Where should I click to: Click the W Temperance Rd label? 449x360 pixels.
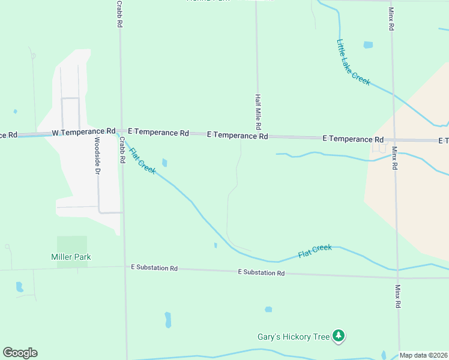(x=83, y=131)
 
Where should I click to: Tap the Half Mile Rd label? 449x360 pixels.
(x=258, y=112)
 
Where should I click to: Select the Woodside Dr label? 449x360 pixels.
(x=97, y=155)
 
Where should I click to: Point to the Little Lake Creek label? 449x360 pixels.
(x=354, y=62)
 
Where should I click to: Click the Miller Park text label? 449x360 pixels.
(x=71, y=257)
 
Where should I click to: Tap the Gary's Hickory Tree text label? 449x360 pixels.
(x=294, y=337)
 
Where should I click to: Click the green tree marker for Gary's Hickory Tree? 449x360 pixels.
(x=339, y=336)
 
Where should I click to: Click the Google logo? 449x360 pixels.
(x=20, y=353)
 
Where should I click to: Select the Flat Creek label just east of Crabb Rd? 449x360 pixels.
(x=143, y=161)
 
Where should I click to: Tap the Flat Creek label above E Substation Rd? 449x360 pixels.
(x=315, y=251)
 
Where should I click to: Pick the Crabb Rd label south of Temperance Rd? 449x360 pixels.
(x=122, y=148)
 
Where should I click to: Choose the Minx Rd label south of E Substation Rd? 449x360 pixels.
(x=397, y=296)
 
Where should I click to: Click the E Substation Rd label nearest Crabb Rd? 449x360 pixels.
(x=154, y=268)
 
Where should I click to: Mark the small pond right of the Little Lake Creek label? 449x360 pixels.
(x=368, y=45)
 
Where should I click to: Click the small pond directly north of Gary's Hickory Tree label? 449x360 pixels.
(x=268, y=310)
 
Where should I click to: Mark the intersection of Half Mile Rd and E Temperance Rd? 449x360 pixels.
(x=259, y=136)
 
